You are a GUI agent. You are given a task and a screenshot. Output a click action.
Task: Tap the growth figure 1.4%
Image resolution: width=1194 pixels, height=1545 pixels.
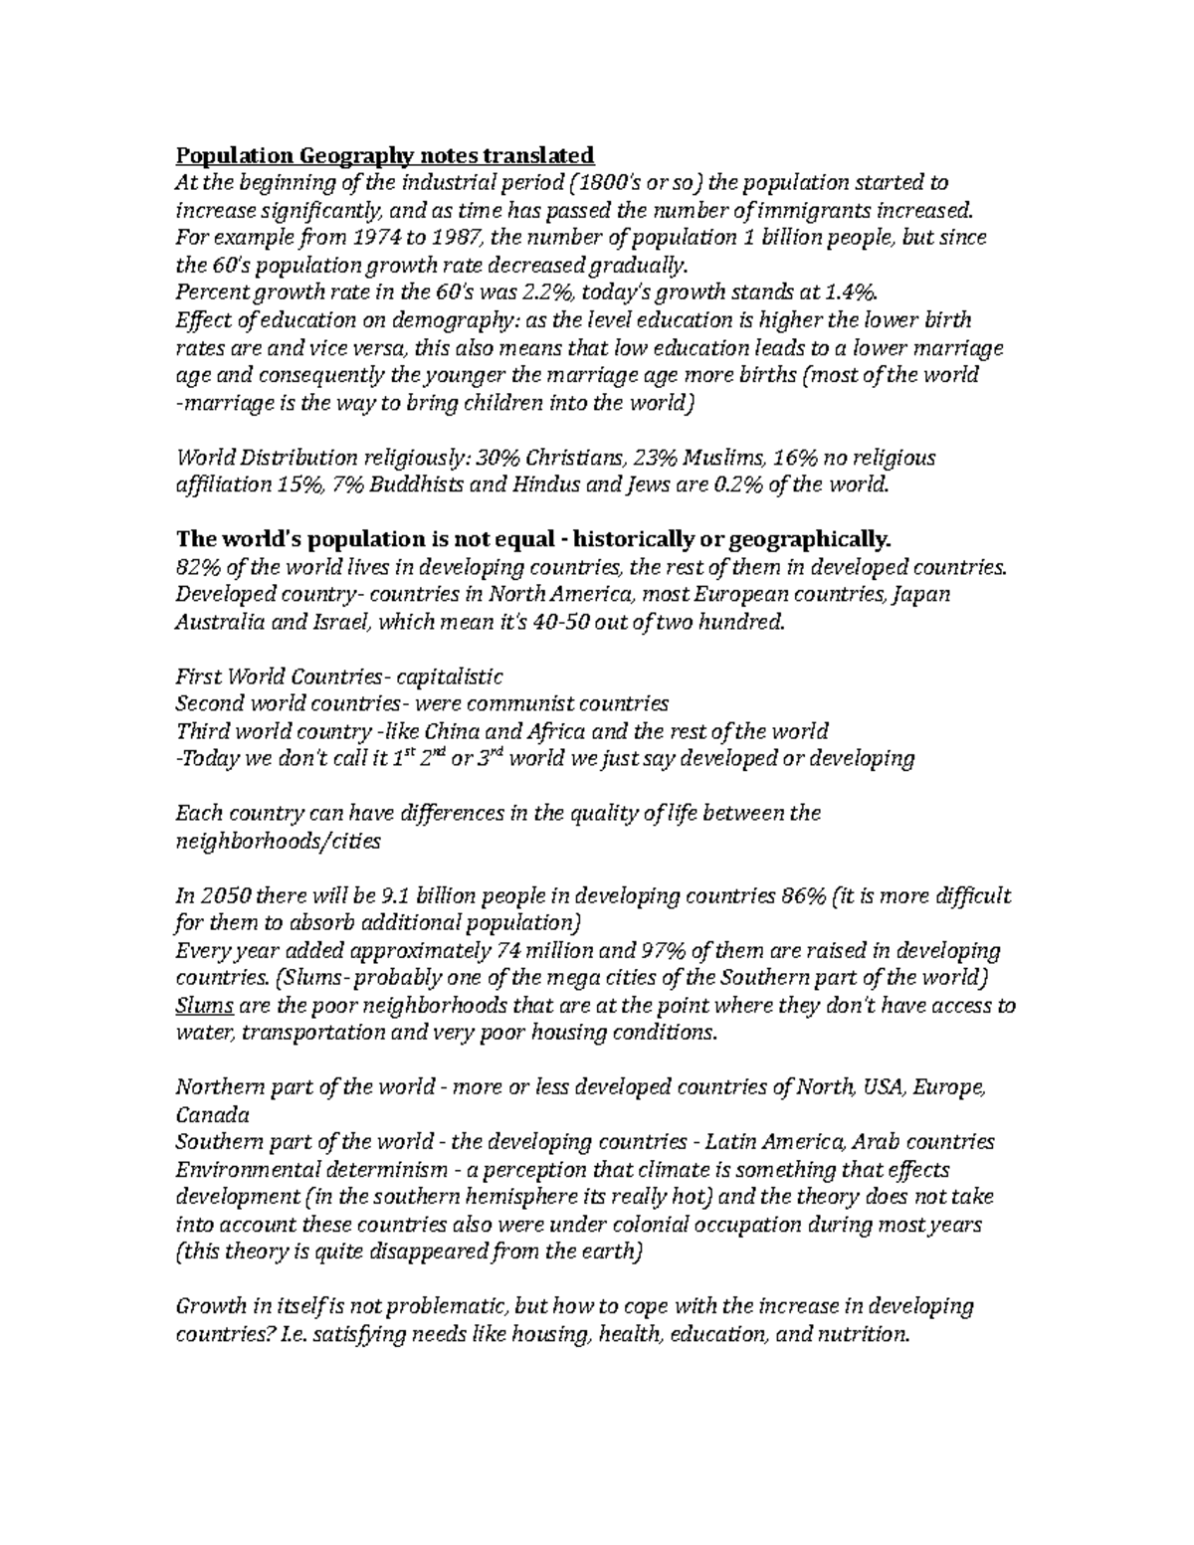854,292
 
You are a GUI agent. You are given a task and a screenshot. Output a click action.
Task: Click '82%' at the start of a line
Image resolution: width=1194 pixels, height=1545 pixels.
197,568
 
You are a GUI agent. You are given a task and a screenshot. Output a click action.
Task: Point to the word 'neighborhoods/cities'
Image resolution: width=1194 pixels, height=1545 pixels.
278,842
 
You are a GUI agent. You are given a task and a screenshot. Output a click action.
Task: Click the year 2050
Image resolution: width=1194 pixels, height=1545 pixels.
221,896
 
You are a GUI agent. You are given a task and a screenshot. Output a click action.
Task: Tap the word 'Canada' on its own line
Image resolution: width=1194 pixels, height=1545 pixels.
211,1115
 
